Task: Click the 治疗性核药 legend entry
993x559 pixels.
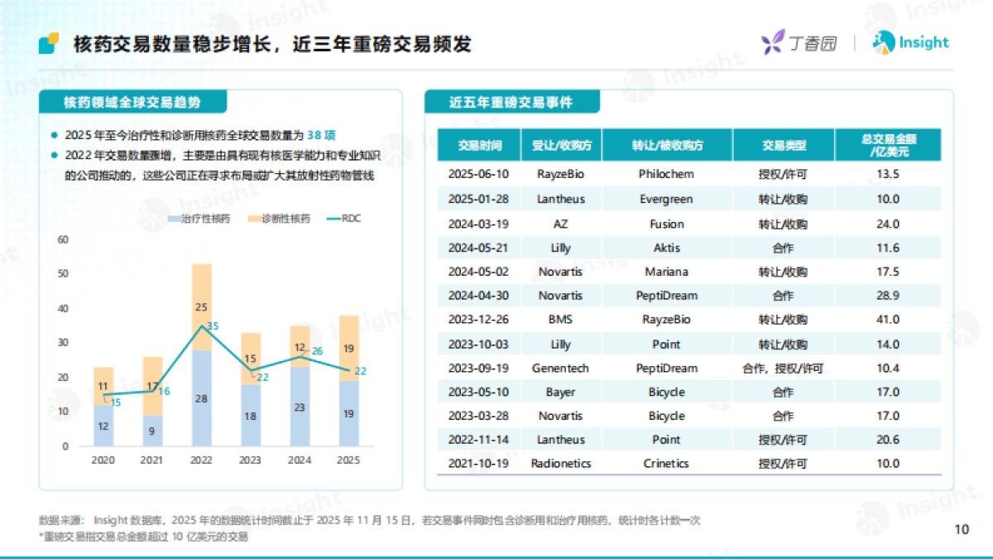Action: [x=199, y=219]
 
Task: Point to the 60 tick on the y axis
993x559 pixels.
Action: [x=62, y=239]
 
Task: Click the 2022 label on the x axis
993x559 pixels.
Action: [x=201, y=460]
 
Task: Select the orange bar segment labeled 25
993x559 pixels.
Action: [x=201, y=306]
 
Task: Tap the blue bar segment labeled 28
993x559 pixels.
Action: [x=201, y=398]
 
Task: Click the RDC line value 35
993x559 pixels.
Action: [x=213, y=326]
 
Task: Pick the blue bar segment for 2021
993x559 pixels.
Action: [x=152, y=431]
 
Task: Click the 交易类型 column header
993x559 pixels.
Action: [x=784, y=146]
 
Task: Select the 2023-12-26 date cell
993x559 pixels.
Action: [x=479, y=320]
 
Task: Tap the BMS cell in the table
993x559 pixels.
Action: [x=560, y=320]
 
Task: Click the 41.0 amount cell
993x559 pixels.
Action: [x=887, y=320]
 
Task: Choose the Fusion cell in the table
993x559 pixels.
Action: [x=666, y=224]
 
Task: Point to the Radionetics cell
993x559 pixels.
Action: [x=560, y=464]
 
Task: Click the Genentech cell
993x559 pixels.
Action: [x=560, y=368]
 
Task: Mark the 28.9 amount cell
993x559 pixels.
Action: [x=887, y=296]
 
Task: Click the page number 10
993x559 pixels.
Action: [x=962, y=530]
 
